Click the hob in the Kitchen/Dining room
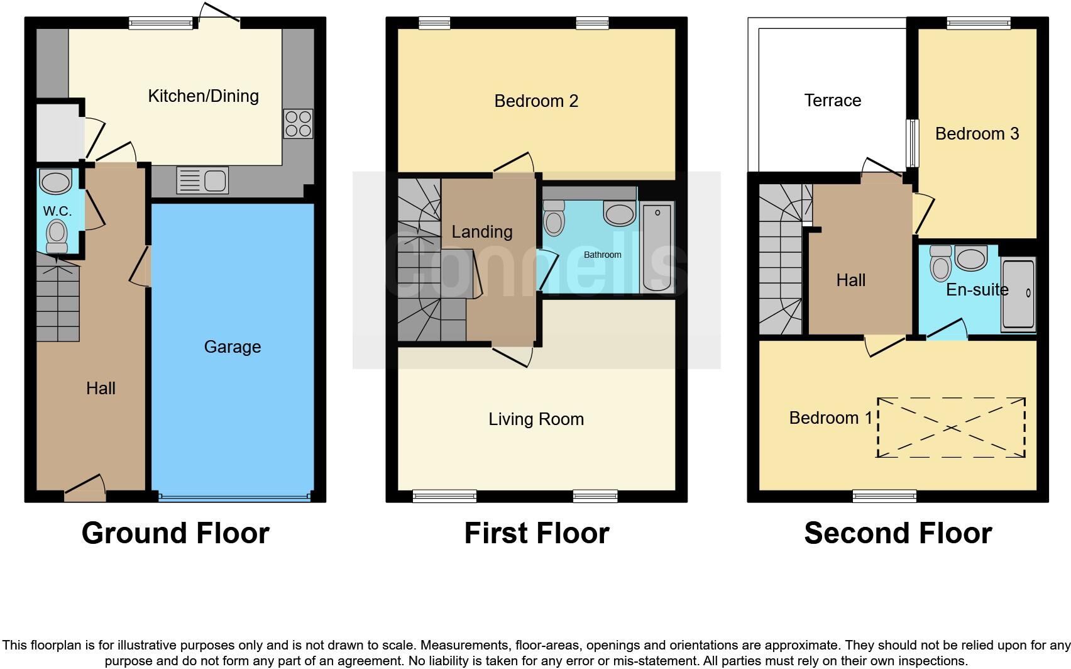298,124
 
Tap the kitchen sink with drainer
203,180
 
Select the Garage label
232,347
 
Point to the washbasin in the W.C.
56,182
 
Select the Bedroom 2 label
536,101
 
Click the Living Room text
536,419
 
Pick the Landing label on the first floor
482,232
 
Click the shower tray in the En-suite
1018,294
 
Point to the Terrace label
832,101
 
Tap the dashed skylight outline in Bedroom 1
951,428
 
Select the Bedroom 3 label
977,134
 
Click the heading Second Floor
898,533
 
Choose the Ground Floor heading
175,533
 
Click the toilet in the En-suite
941,264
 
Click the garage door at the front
234,497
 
